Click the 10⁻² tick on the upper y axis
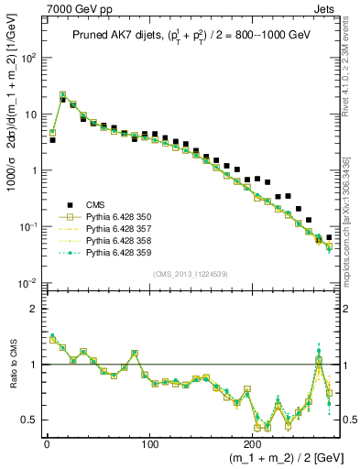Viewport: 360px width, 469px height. click(x=27, y=283)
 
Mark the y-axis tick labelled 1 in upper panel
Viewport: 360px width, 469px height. click(x=36, y=170)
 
